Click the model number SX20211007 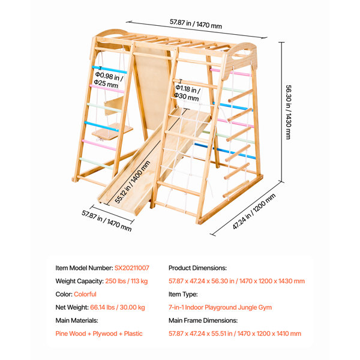pyautogui.click(x=132, y=268)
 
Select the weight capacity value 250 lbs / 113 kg pyautogui.click(x=127, y=281)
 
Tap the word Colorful pyautogui.click(x=85, y=294)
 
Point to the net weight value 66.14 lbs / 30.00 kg pyautogui.click(x=118, y=307)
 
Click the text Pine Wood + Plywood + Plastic pyautogui.click(x=99, y=334)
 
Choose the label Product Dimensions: pyautogui.click(x=197, y=268)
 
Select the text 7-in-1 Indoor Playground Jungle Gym pyautogui.click(x=220, y=307)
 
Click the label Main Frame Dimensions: pyautogui.click(x=203, y=320)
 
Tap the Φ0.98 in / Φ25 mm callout pyautogui.click(x=108, y=80)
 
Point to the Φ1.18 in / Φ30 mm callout pyautogui.click(x=187, y=93)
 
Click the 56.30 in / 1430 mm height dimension pyautogui.click(x=289, y=112)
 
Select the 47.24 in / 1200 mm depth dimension pyautogui.click(x=254, y=211)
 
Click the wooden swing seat pyautogui.click(x=112, y=131)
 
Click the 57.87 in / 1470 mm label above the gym pyautogui.click(x=196, y=24)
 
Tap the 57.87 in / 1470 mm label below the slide pyautogui.click(x=107, y=221)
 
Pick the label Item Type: pyautogui.click(x=183, y=294)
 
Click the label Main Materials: pyautogui.click(x=77, y=320)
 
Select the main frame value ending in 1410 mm pyautogui.click(x=235, y=334)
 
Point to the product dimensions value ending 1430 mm pyautogui.click(x=236, y=281)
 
